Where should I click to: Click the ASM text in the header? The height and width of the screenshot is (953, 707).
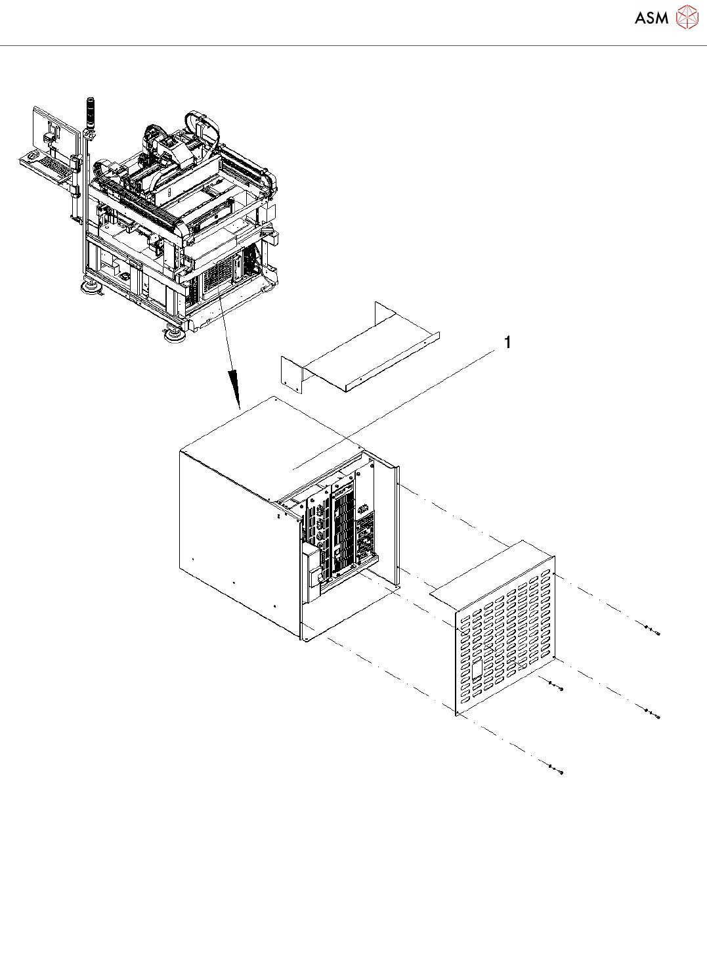[x=651, y=18]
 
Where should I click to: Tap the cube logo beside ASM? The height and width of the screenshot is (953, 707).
[x=687, y=18]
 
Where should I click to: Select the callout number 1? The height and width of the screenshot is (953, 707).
[x=507, y=342]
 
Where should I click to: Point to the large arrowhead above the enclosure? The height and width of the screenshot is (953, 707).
[x=234, y=388]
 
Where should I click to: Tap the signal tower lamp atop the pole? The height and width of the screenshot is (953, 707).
[x=91, y=109]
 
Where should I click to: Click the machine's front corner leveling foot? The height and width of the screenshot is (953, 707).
[x=175, y=336]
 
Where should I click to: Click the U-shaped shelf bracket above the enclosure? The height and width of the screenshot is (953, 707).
[x=360, y=351]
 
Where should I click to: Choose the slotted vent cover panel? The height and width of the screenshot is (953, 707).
[x=505, y=634]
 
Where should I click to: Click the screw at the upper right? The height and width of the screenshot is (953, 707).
[x=653, y=632]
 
